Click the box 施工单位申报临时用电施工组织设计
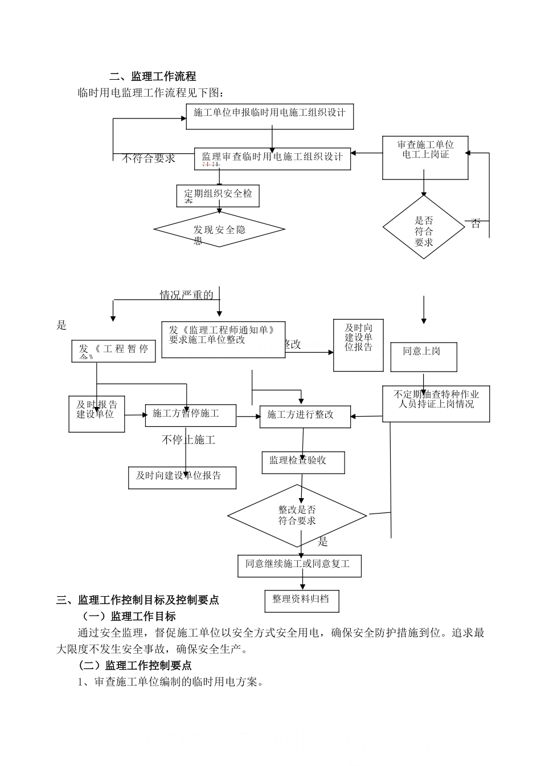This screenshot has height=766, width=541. coord(269,116)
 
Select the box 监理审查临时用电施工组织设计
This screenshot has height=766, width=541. coord(272,158)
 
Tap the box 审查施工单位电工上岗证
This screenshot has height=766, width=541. coord(425,158)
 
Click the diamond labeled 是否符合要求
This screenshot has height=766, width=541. coord(424,227)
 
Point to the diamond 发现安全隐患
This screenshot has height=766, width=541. coord(219,230)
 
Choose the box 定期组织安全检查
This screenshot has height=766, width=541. coord(218,195)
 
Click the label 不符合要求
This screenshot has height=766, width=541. coord(148,158)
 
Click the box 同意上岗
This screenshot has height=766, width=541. coord(422,356)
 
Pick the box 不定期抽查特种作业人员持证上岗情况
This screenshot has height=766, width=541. coord(436,404)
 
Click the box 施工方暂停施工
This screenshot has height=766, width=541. coord(190,414)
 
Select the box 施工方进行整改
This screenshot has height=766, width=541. coord(305,416)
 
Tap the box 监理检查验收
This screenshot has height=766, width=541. coord(303,462)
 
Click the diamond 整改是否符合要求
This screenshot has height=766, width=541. coord(297,516)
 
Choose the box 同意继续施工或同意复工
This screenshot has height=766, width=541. coord(299,565)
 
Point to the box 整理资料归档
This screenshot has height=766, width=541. coord(301,600)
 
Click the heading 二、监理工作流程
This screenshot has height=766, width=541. coord(153,76)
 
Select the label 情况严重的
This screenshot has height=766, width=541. coord(187,295)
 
